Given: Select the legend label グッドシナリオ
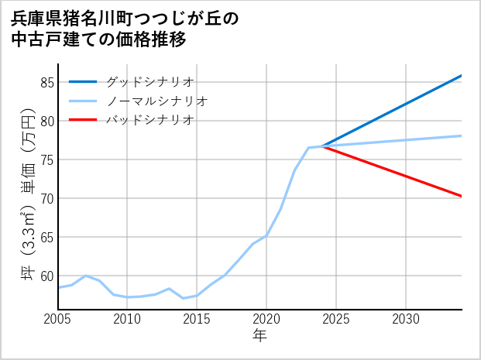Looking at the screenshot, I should pos(149,81).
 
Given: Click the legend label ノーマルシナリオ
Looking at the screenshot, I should pos(156,101).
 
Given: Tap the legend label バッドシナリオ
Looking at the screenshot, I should pos(149,120).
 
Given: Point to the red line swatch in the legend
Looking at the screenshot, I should pos(83,120).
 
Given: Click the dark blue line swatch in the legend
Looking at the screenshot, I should pos(83,81).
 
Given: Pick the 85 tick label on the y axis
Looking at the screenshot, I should pos(47,82).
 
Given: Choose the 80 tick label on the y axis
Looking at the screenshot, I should pos(47,121).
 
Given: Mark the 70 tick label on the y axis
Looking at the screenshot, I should pos(47,198).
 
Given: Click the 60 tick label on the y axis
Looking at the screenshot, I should pos(47,276).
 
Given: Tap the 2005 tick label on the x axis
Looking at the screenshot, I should pos(58,319).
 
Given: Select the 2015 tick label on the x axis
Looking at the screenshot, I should pos(197,319).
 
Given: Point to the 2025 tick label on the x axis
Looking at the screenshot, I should pos(336,319).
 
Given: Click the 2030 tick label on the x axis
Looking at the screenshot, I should pos(406,319).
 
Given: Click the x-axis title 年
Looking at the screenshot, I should pos(259,336).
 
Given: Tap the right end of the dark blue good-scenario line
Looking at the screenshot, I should pos(461,76).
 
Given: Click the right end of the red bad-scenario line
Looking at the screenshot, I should pos(461,196).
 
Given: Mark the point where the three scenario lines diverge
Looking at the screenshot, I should pos(322,146).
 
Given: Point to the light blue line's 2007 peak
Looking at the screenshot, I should pos(86,276).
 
